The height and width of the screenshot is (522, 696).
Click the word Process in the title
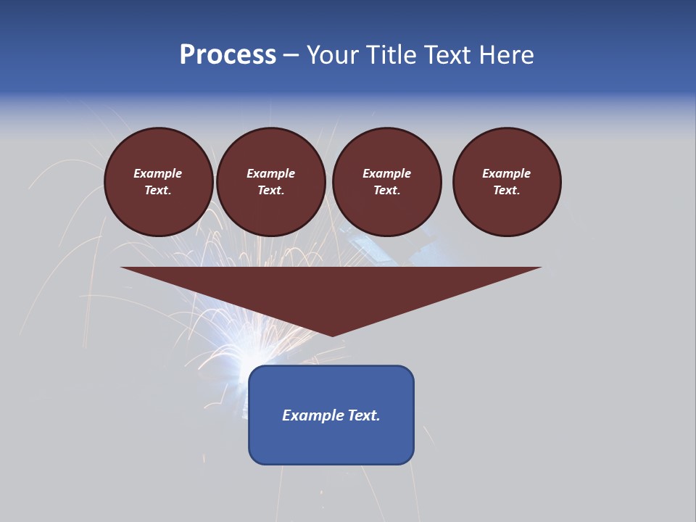coord(228,55)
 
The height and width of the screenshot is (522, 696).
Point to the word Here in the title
coord(511,55)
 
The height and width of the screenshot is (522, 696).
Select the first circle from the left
coord(159,182)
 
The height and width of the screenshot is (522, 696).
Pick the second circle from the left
coord(271,182)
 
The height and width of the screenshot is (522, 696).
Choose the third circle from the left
coord(386,182)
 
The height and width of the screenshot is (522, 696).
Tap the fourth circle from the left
coord(507,182)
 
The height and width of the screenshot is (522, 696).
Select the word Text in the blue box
coord(362,415)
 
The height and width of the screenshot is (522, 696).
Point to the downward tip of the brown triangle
coord(332,334)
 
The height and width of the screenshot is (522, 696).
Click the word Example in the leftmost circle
coord(158,173)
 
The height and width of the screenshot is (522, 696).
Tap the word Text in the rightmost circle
coord(506,191)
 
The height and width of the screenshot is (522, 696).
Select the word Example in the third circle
coord(386,173)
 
